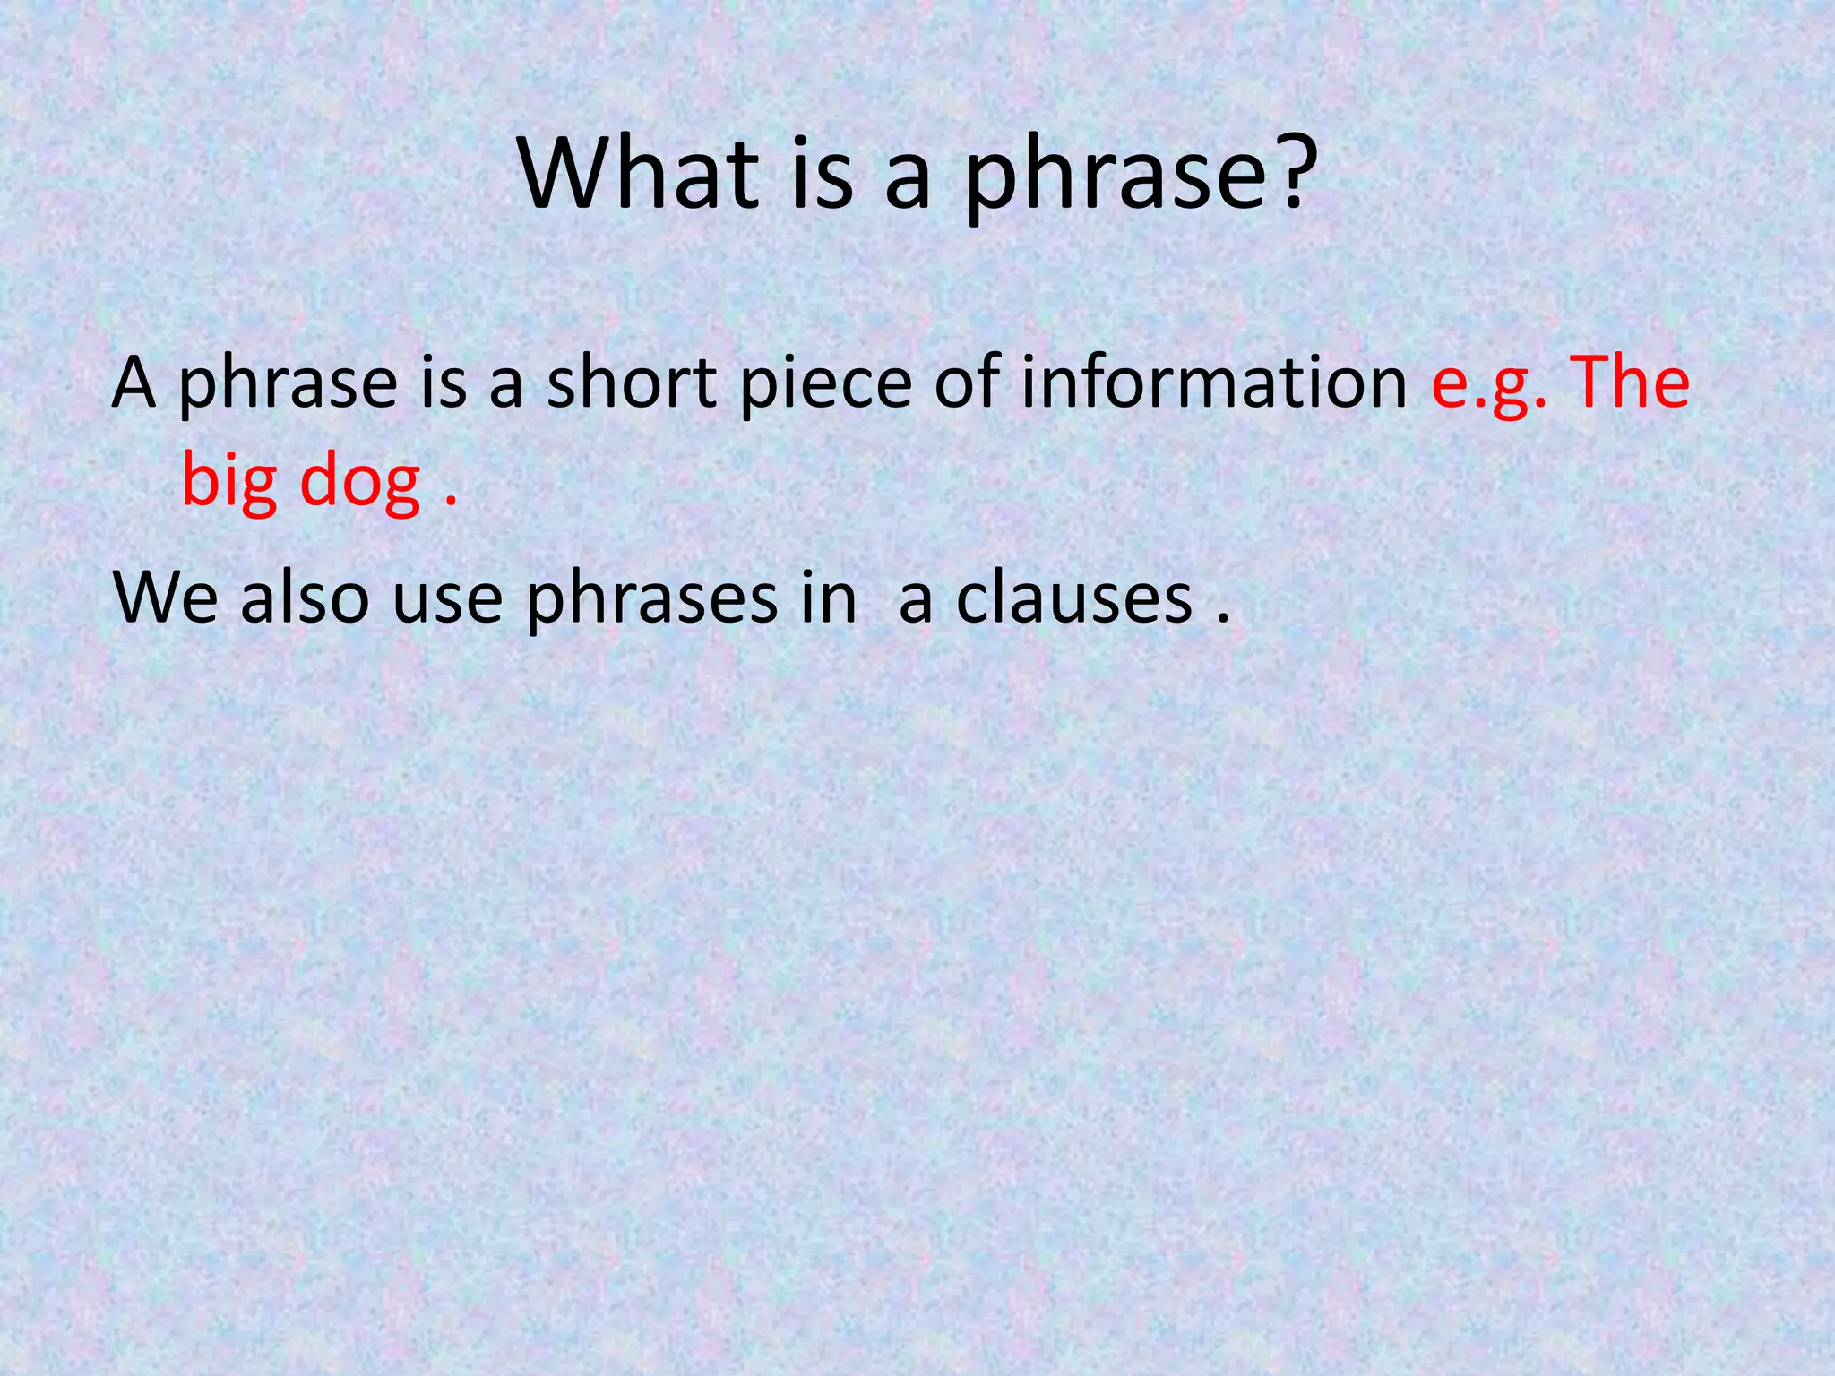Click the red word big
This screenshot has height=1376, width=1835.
[229, 484]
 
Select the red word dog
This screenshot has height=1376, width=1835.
[359, 484]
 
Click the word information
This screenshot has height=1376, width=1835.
[1213, 383]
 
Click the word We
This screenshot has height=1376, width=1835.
[167, 598]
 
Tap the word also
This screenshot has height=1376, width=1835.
[305, 598]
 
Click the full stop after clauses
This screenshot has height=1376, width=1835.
[1222, 618]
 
